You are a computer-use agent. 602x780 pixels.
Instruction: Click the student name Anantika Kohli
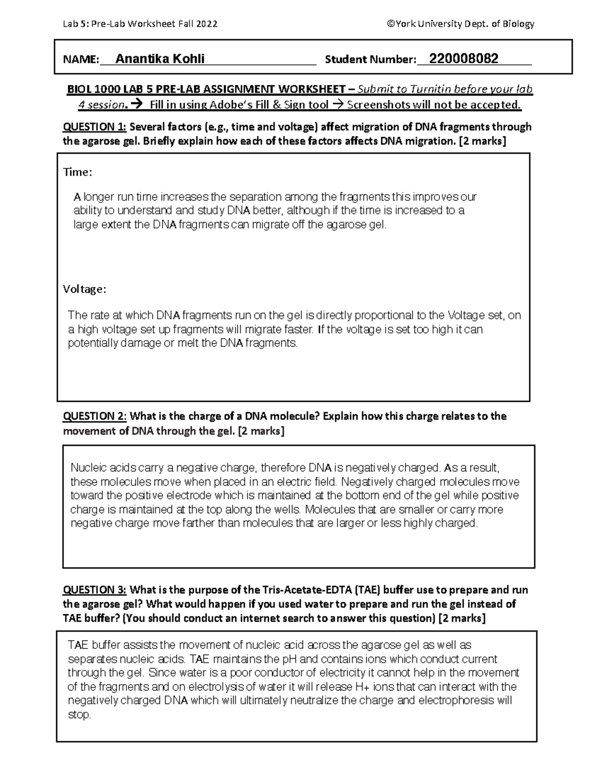[x=160, y=59]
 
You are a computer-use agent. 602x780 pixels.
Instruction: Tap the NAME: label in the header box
[x=80, y=60]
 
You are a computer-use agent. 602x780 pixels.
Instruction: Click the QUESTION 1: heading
[x=94, y=127]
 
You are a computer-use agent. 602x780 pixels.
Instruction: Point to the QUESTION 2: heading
[x=94, y=416]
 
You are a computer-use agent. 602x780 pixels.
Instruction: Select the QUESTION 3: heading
[x=94, y=590]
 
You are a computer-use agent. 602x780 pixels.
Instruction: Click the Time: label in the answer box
[x=77, y=172]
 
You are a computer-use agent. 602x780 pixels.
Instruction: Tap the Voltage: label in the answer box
[x=84, y=289]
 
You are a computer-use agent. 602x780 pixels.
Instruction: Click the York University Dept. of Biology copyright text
[x=461, y=24]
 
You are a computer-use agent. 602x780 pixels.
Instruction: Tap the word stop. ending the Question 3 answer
[x=79, y=715]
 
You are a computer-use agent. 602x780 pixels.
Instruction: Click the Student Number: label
[x=370, y=60]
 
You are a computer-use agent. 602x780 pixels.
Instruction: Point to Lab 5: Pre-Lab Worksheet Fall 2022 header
[x=140, y=24]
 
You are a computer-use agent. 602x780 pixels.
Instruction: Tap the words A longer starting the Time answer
[x=91, y=196]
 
